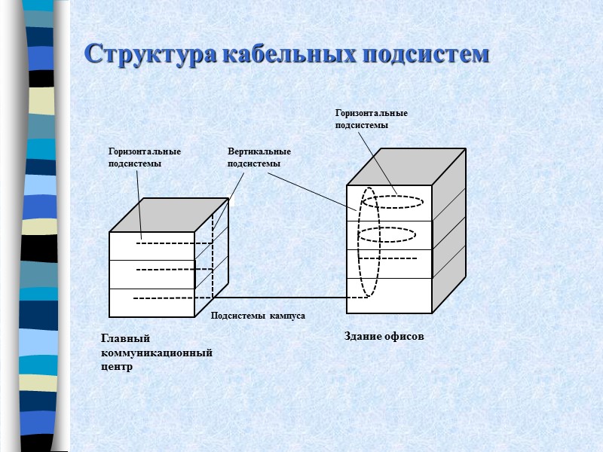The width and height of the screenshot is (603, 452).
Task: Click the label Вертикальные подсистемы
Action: click(259, 157)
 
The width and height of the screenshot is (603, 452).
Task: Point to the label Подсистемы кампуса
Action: click(258, 316)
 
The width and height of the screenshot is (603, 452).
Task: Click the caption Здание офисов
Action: click(384, 336)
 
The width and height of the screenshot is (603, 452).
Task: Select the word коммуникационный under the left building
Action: click(156, 353)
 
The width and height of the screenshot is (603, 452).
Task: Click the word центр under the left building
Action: click(116, 367)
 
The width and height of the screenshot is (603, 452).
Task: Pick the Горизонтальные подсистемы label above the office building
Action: click(371, 119)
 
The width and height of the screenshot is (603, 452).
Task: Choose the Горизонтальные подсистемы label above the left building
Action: click(145, 157)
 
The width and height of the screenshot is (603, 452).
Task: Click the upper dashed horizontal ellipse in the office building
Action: click(392, 202)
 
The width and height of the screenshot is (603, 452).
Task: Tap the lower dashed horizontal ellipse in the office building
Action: click(387, 234)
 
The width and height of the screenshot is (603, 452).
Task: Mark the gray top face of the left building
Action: click(169, 215)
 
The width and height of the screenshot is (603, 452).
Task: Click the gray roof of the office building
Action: click(406, 166)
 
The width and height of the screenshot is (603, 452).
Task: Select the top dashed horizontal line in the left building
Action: click(173, 243)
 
